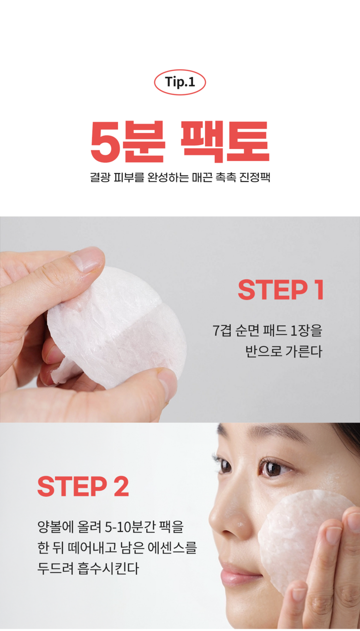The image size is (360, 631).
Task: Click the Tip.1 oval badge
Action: tap(180, 82)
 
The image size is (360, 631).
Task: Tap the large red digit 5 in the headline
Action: tap(104, 142)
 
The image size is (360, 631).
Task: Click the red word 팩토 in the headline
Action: tap(225, 142)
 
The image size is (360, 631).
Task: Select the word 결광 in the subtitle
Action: tap(100, 177)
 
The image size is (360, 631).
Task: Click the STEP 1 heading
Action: tap(281, 290)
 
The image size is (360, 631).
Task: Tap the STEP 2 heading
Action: tap(83, 486)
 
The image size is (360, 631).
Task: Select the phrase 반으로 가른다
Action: tap(283, 351)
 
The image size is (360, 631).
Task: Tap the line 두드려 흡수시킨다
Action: tap(88, 569)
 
